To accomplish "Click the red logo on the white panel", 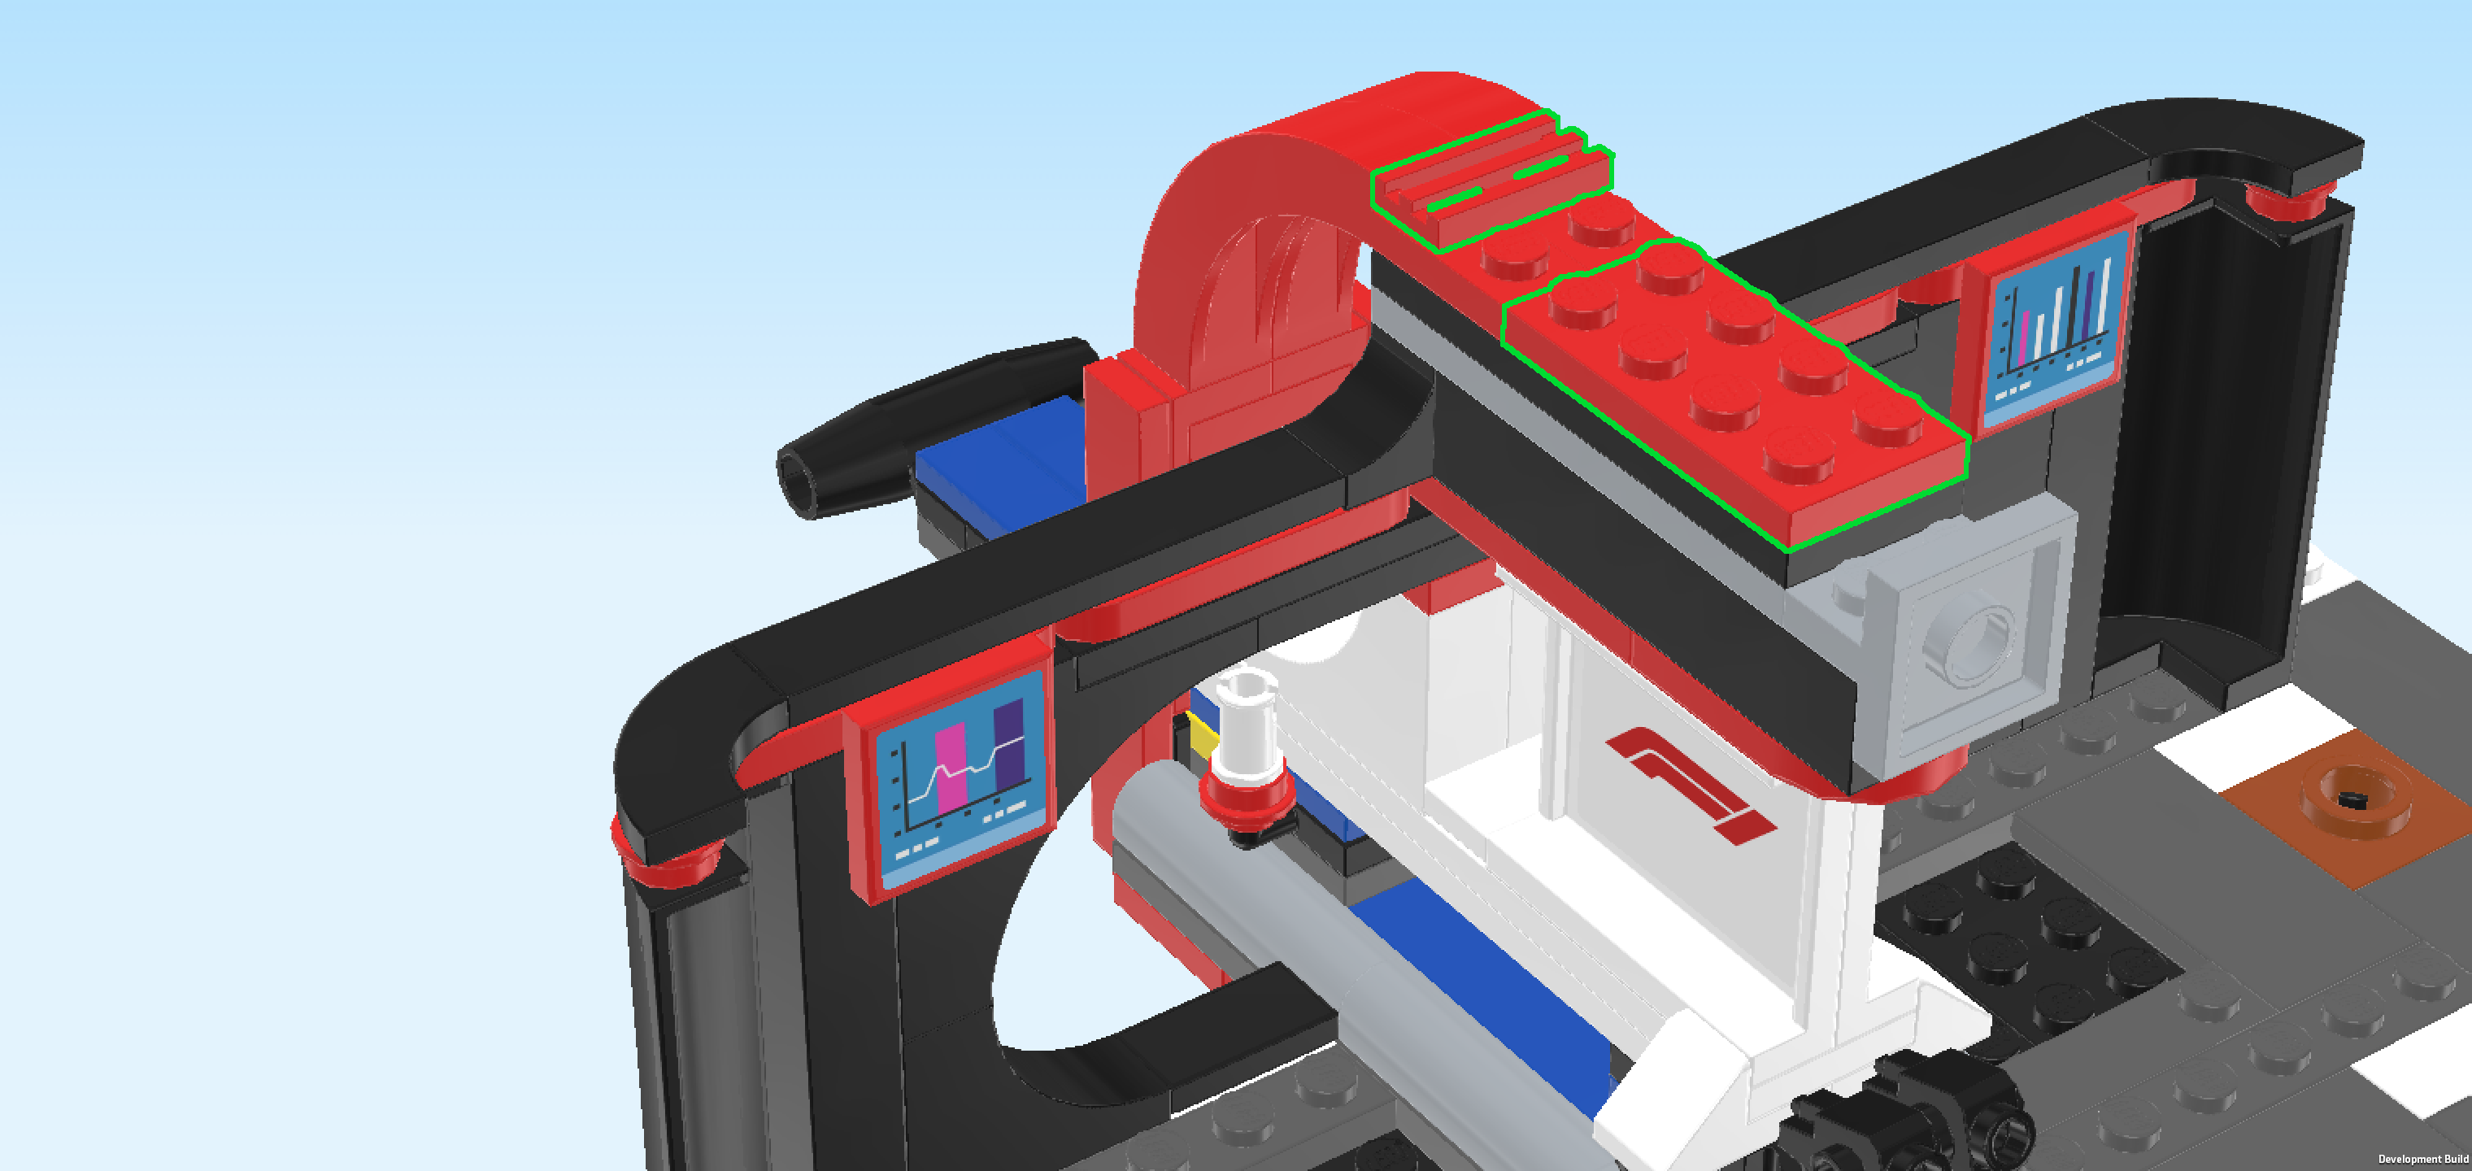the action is pos(1690,783).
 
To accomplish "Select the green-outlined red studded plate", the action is pos(1737,394).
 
